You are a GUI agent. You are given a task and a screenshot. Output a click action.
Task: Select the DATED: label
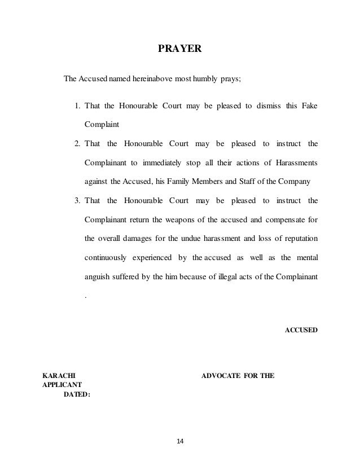tap(76, 394)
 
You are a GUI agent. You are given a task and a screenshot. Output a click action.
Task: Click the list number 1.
tap(77, 105)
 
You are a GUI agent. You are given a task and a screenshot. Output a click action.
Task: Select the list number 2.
tap(77, 144)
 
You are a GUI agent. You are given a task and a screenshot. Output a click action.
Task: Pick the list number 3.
tap(77, 200)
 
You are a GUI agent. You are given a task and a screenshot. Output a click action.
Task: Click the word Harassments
tap(297, 163)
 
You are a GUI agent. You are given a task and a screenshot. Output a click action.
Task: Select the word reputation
tap(301, 238)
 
